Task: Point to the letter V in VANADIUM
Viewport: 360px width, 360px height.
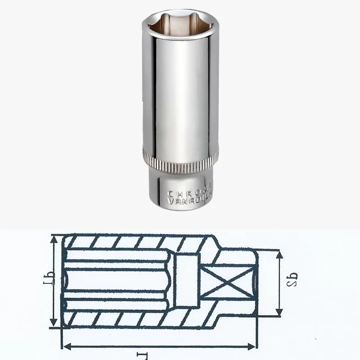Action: click(170, 202)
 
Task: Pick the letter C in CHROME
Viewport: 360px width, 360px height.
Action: click(171, 193)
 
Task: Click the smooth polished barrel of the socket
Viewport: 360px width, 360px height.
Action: click(180, 90)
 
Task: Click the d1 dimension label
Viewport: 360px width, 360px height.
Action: click(51, 281)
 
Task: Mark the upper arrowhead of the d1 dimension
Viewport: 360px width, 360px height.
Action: click(54, 238)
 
